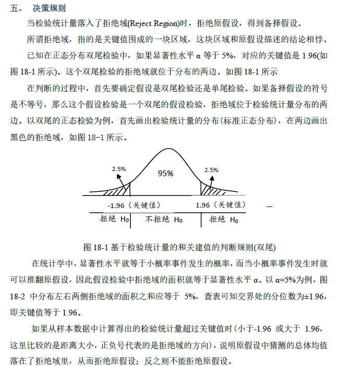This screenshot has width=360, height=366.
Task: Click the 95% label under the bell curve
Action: (x=165, y=174)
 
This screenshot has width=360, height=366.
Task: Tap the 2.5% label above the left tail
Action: (x=119, y=169)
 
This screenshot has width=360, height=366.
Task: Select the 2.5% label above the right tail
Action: (x=211, y=169)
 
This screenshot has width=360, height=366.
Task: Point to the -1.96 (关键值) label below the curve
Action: (x=134, y=205)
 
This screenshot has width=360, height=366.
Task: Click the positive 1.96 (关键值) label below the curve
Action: (x=220, y=205)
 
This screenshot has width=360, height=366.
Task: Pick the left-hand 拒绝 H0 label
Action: (x=114, y=219)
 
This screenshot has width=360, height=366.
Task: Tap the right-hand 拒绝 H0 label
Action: (x=223, y=219)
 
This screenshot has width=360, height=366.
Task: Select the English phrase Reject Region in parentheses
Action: (x=152, y=24)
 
